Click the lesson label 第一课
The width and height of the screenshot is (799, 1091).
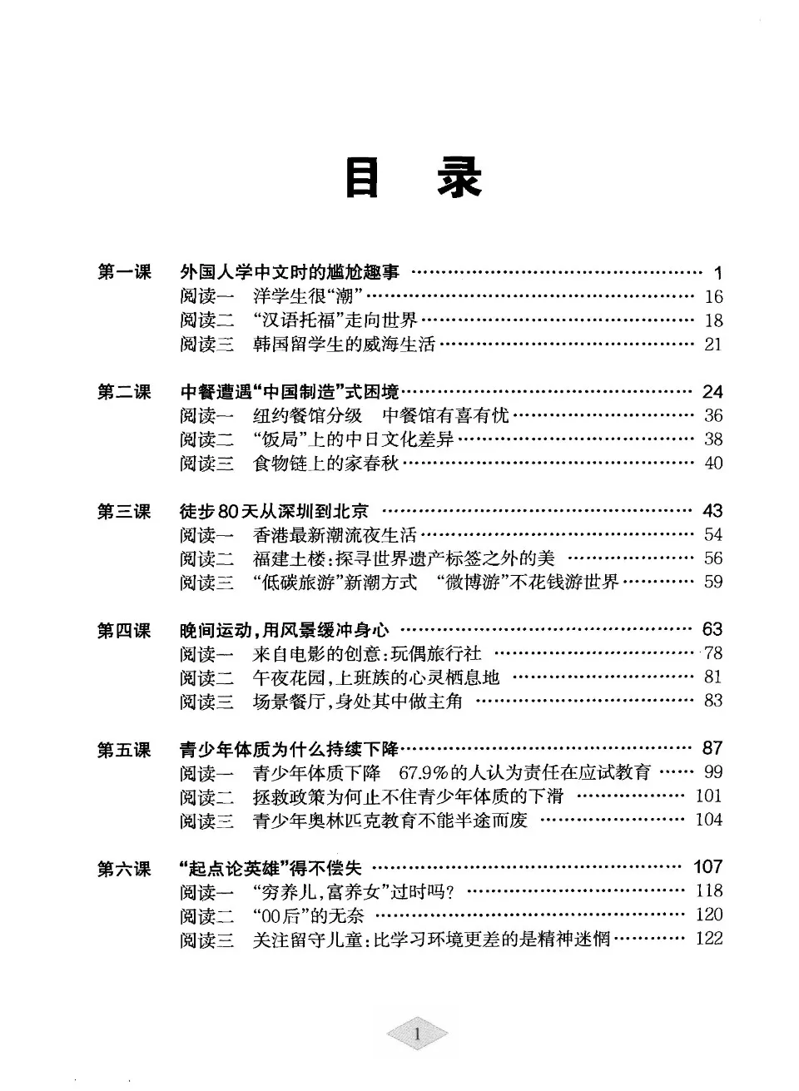point(124,272)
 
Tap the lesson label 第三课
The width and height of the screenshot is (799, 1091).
point(124,511)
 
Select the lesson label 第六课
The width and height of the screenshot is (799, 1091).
point(124,869)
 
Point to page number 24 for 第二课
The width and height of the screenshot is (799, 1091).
point(712,392)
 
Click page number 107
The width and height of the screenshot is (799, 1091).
point(707,867)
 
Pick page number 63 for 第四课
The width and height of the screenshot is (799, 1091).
point(712,629)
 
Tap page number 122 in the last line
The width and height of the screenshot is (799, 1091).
point(709,939)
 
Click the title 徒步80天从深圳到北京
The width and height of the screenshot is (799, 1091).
point(274,511)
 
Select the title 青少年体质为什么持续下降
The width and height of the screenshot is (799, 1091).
point(290,749)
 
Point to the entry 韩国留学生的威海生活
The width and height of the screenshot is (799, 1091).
point(344,345)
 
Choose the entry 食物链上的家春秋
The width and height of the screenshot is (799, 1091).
point(326,464)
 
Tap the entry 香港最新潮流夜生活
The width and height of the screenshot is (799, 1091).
point(335,535)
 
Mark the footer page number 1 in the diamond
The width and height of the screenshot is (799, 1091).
point(416,1035)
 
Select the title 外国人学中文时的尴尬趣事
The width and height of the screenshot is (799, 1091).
point(290,272)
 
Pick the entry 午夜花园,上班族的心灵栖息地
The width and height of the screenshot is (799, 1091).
point(376,677)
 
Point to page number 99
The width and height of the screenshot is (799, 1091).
point(712,772)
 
